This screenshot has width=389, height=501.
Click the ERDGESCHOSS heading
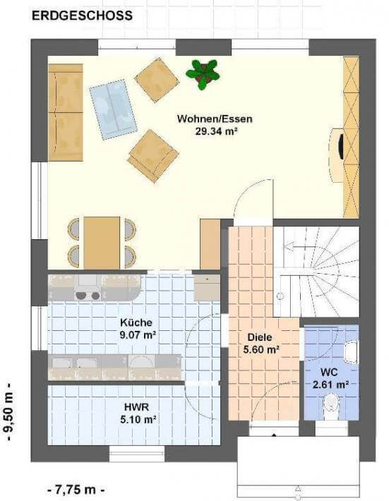coord(82,16)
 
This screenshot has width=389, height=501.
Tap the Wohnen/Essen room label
coord(215,119)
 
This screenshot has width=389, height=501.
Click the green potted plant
coord(203,75)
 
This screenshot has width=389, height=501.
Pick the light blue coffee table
coord(113,109)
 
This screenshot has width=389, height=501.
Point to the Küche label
coord(136,322)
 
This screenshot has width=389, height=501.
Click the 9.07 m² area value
coord(138,335)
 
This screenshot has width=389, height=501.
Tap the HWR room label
coord(136,407)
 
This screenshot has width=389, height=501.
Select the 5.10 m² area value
coord(138,419)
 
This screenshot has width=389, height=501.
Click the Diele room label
coord(260,337)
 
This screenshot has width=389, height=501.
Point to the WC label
coord(329,373)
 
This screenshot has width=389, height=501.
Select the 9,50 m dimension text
coord(9,411)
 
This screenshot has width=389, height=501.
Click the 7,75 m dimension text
coord(76,489)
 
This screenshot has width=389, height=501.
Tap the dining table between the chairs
coord(102,243)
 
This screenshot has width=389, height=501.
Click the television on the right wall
coord(342,147)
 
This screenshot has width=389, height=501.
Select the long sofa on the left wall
coord(66,112)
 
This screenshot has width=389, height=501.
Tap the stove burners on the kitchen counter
coord(88,296)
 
